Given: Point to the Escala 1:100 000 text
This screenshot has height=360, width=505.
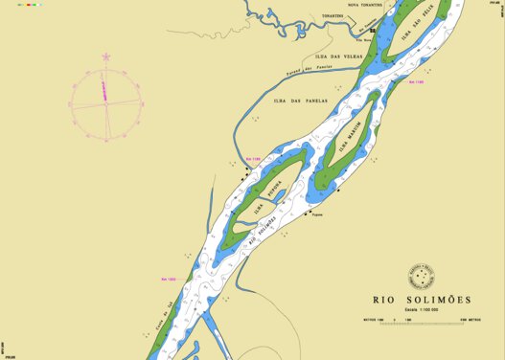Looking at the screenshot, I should click(421, 309).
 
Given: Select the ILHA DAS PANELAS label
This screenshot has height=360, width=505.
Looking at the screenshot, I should click(300, 99).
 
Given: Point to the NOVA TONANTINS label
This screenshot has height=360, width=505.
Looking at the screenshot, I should click(364, 5).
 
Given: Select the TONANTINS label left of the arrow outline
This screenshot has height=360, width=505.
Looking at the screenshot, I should click(333, 16).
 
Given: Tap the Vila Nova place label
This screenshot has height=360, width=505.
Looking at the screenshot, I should click(363, 40).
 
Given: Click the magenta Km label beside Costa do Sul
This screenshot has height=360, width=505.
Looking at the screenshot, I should click(169, 280).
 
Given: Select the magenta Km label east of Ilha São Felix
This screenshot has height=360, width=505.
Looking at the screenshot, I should click(416, 82).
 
